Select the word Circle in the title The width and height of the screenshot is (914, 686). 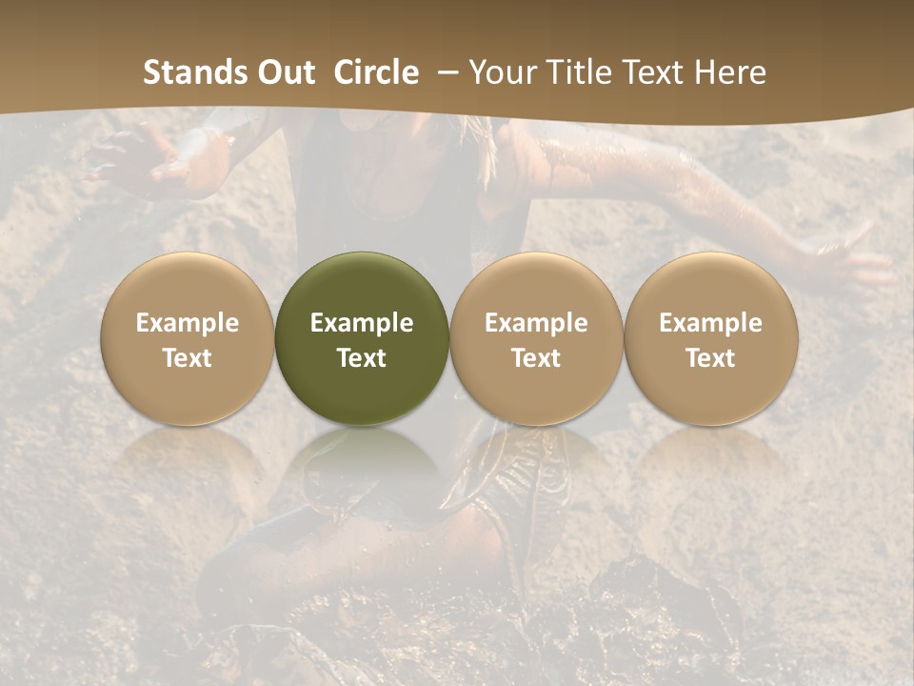(376, 72)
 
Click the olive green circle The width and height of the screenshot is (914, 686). (362, 338)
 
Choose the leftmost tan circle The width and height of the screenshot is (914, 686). (188, 338)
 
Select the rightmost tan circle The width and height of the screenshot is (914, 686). (711, 338)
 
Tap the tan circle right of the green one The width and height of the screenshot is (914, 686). (536, 338)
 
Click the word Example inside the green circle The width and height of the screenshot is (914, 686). (362, 323)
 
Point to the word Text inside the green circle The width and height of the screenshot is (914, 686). (362, 358)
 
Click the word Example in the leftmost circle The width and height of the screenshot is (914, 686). (188, 323)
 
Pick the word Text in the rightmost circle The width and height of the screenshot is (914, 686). (711, 358)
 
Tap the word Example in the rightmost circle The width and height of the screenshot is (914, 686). (711, 323)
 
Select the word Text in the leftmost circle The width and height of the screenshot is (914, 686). (188, 358)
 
